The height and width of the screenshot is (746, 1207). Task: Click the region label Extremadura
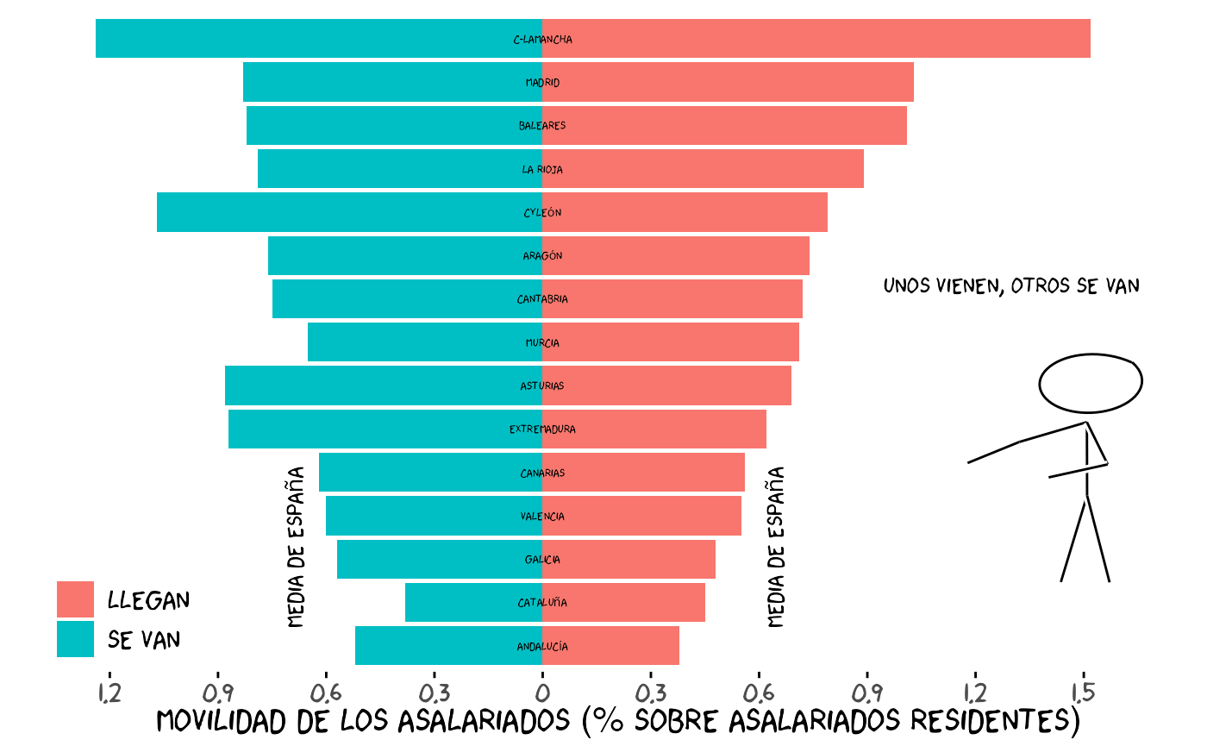click(542, 429)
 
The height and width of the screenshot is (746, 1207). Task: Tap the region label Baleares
click(542, 126)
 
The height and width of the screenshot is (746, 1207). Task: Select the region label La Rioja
click(542, 170)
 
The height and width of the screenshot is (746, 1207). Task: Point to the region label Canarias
click(542, 473)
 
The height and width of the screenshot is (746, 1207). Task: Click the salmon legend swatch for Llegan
click(75, 599)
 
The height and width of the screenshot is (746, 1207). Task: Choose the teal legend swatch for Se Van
click(75, 639)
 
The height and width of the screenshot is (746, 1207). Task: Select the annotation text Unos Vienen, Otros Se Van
click(1011, 285)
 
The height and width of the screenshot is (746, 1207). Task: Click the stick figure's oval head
click(1090, 382)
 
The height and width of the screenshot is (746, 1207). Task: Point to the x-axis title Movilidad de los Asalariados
click(618, 721)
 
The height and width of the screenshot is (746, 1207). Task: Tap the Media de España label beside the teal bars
click(296, 547)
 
